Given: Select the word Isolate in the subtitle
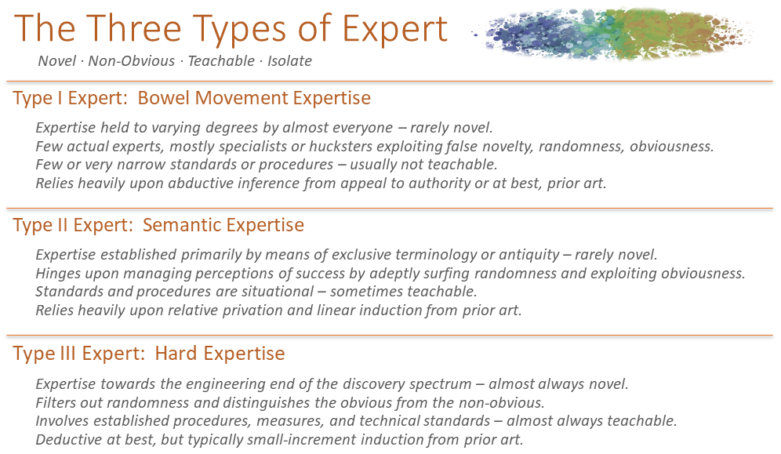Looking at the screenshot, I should (289, 61).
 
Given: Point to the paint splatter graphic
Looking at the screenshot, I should (612, 33).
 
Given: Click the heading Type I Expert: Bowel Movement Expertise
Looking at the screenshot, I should (191, 99).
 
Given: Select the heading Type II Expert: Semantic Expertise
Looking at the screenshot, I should (158, 226).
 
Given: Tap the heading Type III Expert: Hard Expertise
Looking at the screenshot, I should (148, 354).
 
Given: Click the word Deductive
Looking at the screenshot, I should (67, 440).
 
